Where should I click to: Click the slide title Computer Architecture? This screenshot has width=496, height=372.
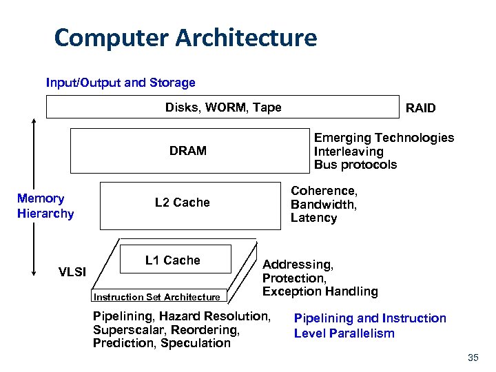[x=185, y=38]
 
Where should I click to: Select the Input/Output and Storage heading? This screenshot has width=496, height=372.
[x=121, y=83]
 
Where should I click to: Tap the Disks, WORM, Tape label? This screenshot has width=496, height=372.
[x=223, y=107]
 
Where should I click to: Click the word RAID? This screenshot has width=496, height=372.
[x=420, y=109]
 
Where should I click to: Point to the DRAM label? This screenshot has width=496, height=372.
[x=188, y=151]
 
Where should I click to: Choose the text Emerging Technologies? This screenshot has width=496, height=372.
[x=384, y=138]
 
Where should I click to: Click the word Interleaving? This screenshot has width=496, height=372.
[x=349, y=152]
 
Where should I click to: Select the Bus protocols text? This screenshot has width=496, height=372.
[x=355, y=165]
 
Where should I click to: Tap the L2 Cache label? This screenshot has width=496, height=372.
[x=182, y=203]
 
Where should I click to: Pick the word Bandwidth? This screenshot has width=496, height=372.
[x=323, y=205]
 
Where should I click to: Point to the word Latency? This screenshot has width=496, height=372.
[x=313, y=218]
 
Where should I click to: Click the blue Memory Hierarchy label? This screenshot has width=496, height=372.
[x=45, y=206]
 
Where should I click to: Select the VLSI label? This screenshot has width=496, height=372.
[x=72, y=272]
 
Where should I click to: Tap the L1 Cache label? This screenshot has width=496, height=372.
[x=172, y=260]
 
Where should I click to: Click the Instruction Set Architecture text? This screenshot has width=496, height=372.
[x=156, y=298]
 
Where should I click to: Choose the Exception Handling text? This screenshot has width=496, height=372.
[x=320, y=291]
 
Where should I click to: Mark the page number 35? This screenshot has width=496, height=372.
[x=473, y=358]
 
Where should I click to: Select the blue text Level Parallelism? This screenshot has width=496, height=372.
[x=344, y=333]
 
